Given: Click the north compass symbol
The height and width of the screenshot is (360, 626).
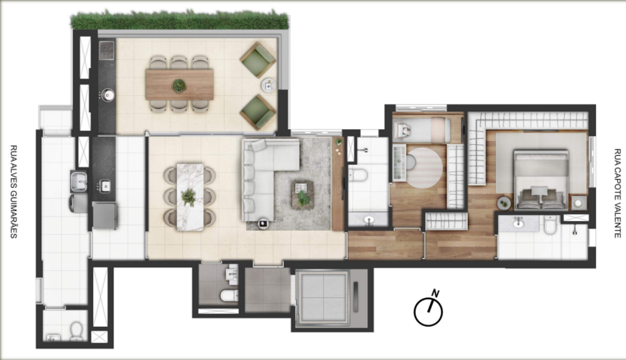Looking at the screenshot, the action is tap(428, 309).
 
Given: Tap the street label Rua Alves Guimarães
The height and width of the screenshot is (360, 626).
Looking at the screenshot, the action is tap(14, 192).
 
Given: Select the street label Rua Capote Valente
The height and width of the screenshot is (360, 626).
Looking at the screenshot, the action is tap(618, 193).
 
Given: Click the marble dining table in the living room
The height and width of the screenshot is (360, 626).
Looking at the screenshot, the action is tap(190, 197).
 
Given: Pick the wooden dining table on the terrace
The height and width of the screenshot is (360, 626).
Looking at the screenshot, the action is tap(179, 85).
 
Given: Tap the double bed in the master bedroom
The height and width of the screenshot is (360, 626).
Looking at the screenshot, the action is tap(541, 180).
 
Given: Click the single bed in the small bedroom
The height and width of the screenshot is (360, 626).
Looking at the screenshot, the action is tap(423, 130).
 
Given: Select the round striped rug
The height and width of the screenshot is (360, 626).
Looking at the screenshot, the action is tap(424, 168).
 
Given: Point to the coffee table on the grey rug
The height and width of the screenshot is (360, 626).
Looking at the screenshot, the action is tap(303, 195).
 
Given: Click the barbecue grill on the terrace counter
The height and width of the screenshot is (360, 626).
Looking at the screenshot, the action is tap(106, 50).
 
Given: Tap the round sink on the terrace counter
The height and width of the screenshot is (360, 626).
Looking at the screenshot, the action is tap(108, 95).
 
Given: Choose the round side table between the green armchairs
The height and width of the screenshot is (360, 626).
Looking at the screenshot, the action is tap(269, 85).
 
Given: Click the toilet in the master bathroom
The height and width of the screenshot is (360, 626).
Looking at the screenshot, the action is tap(550, 226).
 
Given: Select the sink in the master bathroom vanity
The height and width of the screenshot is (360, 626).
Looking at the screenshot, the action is tap(518, 223).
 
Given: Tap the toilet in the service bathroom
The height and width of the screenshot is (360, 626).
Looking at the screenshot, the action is tap(76, 331).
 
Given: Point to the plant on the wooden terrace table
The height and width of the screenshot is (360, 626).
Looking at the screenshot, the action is tap(179, 85).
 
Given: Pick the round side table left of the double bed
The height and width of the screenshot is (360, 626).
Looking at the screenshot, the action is tap(504, 203).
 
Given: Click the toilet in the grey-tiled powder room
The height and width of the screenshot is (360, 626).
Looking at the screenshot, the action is tap(228, 296).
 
